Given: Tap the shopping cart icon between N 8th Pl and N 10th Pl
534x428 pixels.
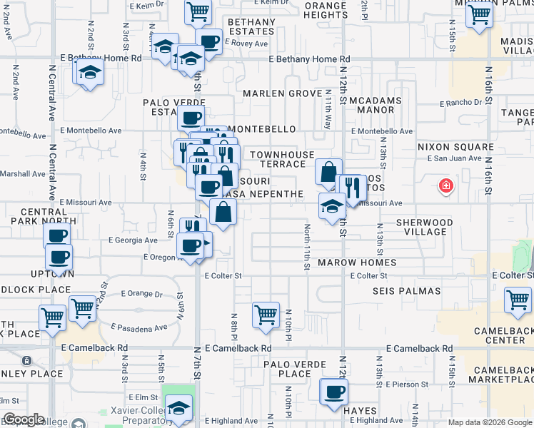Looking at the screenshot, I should point(266,314).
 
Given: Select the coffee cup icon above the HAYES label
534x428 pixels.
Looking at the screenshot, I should point(333,392).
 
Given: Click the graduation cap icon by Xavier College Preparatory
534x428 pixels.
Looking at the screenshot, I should point(178,408).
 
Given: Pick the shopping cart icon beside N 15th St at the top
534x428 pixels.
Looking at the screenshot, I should point(478,14).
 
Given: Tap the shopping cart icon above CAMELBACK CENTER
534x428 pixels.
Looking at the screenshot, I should point(518,300).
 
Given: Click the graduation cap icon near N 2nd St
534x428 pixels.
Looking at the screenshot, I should point(90,73).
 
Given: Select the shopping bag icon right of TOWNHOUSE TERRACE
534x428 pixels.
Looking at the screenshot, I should point(328,172).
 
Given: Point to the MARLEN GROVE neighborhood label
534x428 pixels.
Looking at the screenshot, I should point(282,93).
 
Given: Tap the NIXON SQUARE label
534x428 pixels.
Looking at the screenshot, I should point(455,147).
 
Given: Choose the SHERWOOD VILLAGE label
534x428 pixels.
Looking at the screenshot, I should point(425,227).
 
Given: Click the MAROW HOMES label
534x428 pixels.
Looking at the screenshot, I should point(357,263).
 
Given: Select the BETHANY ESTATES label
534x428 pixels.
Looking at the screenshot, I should point(251,27).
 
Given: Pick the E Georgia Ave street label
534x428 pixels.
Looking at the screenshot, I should point(133,240).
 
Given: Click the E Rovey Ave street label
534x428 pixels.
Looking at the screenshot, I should point(246,44).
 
